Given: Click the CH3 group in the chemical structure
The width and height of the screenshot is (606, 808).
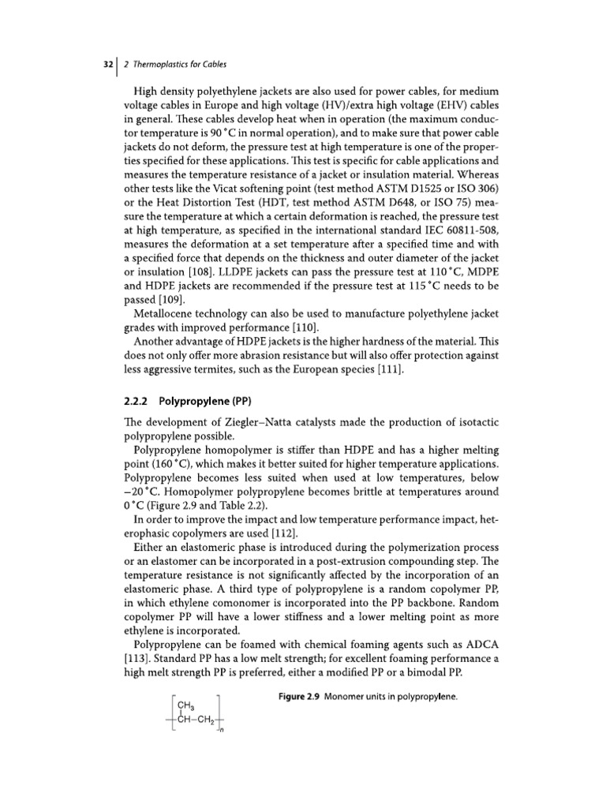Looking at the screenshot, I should (x=186, y=706).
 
